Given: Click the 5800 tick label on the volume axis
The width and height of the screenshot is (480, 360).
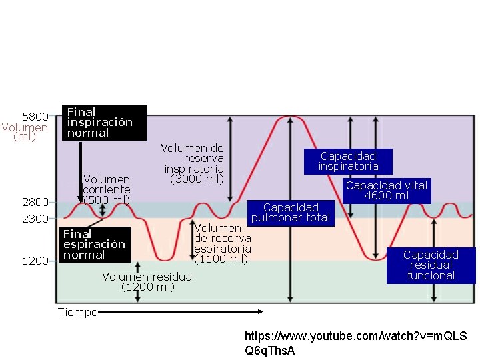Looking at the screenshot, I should pos(35,117).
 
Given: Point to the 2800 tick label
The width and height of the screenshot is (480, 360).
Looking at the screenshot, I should pos(35,202).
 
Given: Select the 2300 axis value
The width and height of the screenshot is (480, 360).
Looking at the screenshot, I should pos(35,219).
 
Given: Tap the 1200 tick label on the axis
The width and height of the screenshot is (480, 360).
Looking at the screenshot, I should pos(35,261).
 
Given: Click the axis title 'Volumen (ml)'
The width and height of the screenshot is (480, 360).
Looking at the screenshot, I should pos(25,132).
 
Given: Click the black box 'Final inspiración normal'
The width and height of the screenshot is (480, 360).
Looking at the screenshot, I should pos(103,123).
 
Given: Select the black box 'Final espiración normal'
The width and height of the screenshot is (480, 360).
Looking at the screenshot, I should pos(93,245).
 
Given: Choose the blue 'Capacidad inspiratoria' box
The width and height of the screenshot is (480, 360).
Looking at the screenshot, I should pos(348,161).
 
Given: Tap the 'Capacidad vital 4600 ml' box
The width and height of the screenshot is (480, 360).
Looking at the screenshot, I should pos(387,190).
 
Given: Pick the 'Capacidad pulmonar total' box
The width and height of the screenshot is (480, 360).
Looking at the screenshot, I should pos(291,213).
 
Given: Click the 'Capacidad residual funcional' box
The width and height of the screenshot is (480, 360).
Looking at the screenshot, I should pos(431,265).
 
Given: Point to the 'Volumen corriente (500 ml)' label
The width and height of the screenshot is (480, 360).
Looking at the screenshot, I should pos(107,190).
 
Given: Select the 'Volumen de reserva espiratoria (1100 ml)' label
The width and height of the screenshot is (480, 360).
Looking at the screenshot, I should pos(222,244).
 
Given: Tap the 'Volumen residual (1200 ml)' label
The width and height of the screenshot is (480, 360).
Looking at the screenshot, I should pos(148,282).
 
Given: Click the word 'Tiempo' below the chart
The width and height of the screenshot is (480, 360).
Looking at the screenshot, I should pos(77,312).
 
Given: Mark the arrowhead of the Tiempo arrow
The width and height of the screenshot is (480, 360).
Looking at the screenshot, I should pos(261,311).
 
